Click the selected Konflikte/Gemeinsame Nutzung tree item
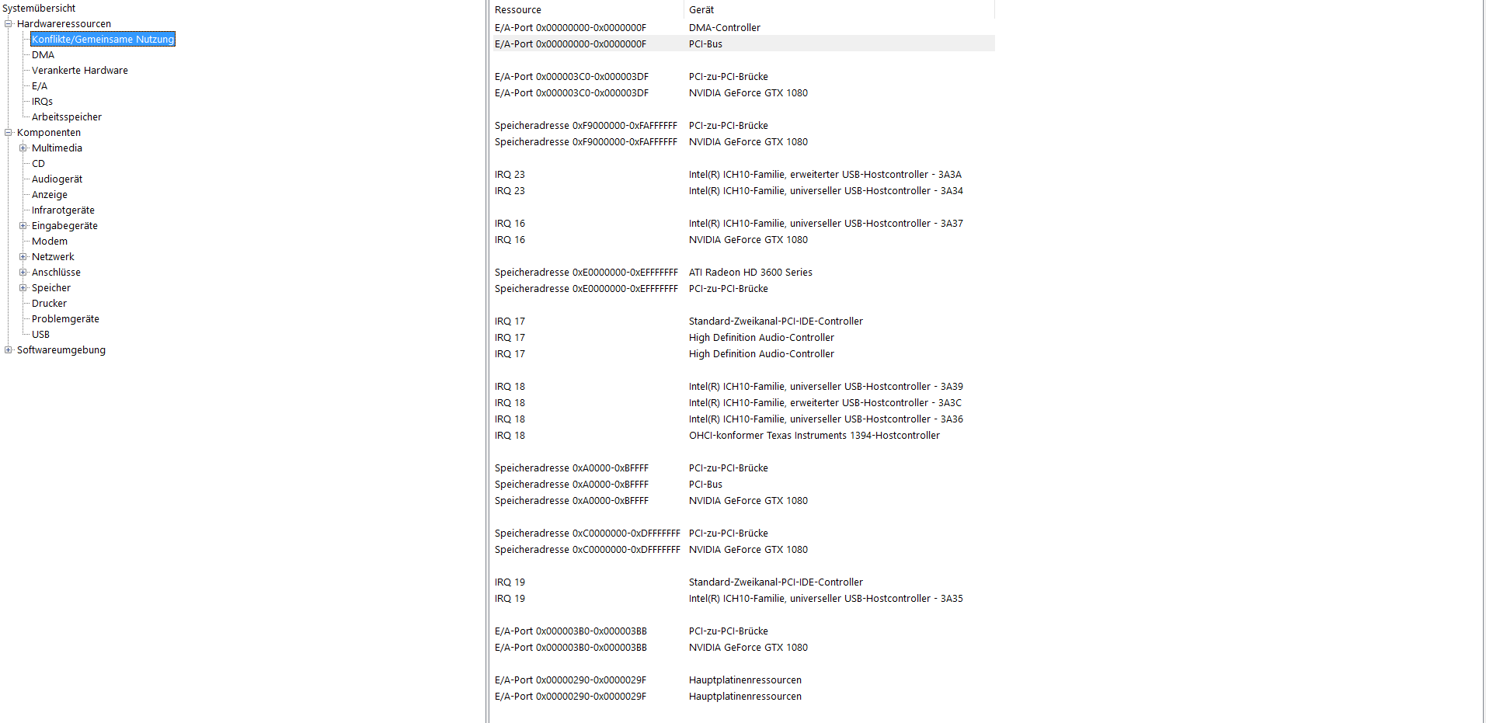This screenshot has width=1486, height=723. [x=103, y=40]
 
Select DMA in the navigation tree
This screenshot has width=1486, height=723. [x=43, y=55]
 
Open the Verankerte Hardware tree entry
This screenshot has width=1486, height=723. [x=79, y=71]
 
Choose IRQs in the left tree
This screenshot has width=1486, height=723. [x=42, y=102]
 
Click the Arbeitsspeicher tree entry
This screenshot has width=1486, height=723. [x=66, y=117]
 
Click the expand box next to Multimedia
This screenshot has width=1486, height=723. [x=23, y=148]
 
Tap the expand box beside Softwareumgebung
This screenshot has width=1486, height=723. [x=9, y=350]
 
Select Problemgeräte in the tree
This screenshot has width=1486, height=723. [x=65, y=319]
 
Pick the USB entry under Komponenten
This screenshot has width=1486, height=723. [x=40, y=335]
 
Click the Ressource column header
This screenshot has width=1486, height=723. [x=518, y=10]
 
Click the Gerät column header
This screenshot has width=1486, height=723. [x=701, y=10]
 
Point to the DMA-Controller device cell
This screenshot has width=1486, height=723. [x=724, y=28]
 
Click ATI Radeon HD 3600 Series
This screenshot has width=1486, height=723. [x=750, y=273]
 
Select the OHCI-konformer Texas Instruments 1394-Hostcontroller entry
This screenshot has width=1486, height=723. [x=814, y=436]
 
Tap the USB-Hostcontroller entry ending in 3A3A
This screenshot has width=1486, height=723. [x=825, y=175]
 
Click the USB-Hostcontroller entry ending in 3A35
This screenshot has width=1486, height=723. [x=826, y=599]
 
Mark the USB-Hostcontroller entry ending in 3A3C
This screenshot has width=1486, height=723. [x=825, y=403]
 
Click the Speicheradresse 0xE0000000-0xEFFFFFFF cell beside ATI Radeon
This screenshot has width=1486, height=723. [x=586, y=273]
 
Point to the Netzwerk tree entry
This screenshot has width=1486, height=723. [x=53, y=257]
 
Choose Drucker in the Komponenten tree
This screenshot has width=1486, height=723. [x=49, y=304]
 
